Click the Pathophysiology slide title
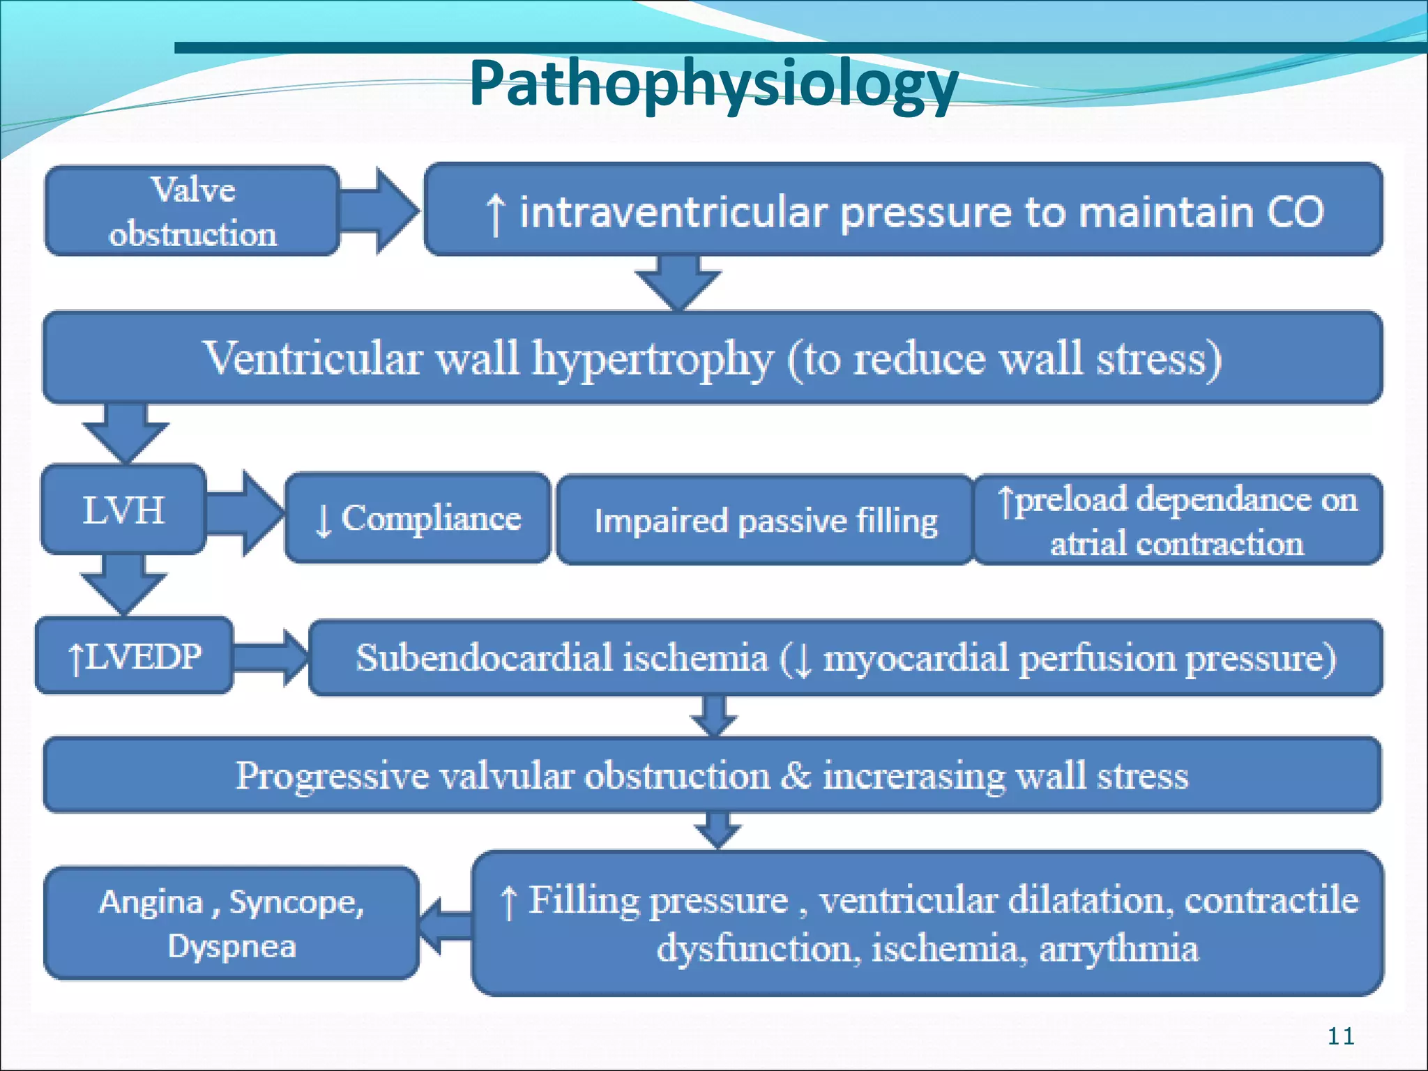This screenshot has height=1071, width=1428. click(x=713, y=84)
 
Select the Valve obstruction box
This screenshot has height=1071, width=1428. click(x=192, y=211)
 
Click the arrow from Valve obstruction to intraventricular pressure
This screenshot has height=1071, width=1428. click(x=380, y=211)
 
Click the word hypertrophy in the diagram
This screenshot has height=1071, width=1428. click(x=653, y=358)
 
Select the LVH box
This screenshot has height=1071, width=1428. click(x=123, y=510)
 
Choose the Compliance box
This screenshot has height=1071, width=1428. click(x=418, y=518)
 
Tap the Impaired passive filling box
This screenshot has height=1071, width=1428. click(x=765, y=520)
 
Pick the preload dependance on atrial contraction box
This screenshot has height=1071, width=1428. click(x=1177, y=520)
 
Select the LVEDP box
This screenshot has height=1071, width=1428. click(x=134, y=656)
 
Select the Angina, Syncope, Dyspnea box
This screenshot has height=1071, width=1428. click(x=231, y=923)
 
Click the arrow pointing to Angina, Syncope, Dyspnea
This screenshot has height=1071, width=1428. click(x=445, y=925)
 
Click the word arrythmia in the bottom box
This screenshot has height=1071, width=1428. click(x=1118, y=949)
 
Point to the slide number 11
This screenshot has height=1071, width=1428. click(x=1340, y=1036)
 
